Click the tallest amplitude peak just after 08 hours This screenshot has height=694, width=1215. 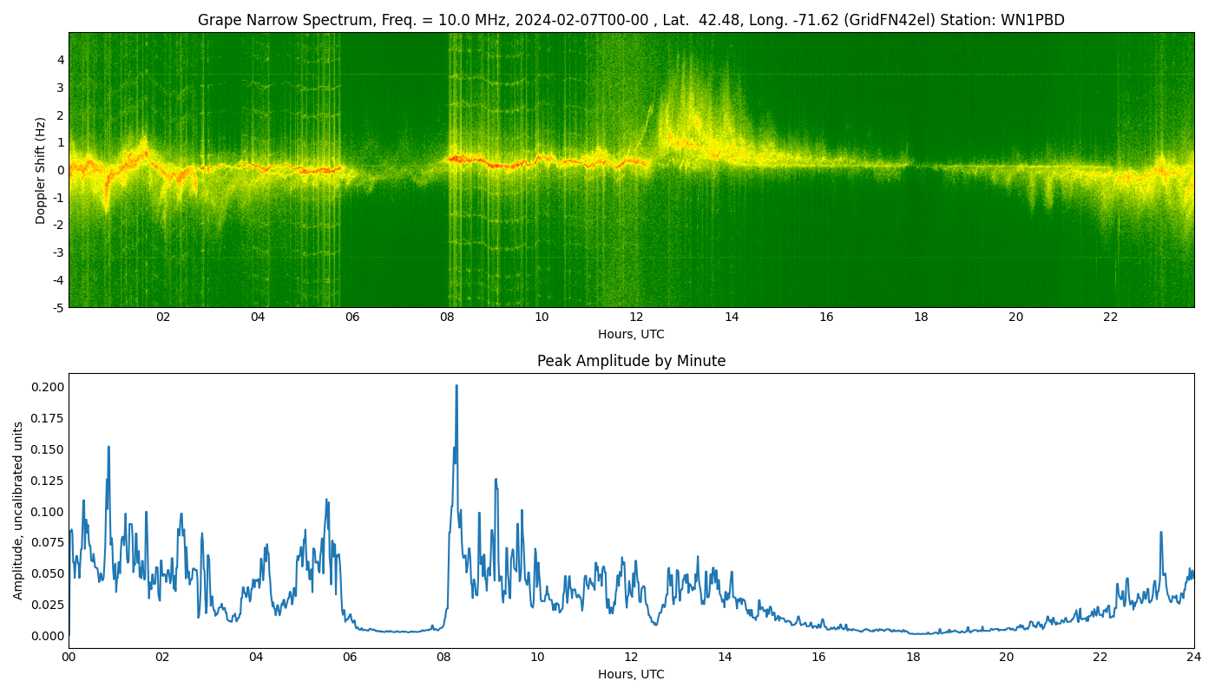pos(456,387)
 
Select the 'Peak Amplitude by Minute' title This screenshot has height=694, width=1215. pos(631,361)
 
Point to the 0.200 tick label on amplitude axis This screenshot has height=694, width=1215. pos(47,387)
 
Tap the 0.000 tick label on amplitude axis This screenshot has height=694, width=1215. pos(47,636)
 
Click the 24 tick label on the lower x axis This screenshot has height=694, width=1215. pos(1194,658)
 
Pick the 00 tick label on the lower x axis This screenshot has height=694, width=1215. pos(69,658)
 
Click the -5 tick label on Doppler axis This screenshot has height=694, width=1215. pos(57,307)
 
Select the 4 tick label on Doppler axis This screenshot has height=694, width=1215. pos(61,60)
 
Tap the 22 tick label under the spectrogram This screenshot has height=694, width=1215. pos(1110,318)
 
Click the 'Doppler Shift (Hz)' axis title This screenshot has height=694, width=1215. pos(41,170)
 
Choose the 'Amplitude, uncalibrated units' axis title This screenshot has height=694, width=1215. pos(18,510)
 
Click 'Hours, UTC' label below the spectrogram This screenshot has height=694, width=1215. pos(631,334)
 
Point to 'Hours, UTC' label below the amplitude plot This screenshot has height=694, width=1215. pos(631,674)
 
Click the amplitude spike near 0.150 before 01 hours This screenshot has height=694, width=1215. pos(108,448)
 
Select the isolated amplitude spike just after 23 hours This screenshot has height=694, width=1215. pos(1161,533)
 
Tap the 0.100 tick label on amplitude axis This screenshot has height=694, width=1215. pos(47,511)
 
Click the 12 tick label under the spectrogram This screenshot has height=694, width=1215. pos(636,318)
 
